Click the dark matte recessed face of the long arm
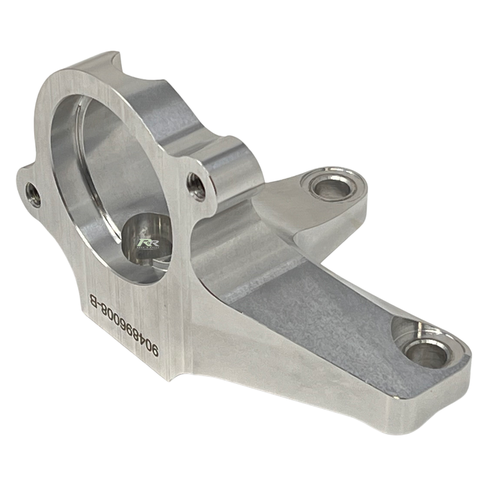316,329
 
